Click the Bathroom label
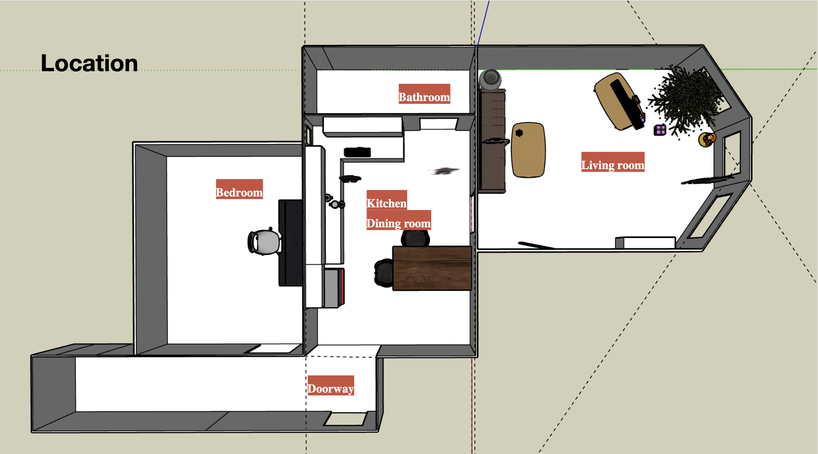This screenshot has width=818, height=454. click(424, 94)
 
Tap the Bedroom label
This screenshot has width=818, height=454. click(239, 189)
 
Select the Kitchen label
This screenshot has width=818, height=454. click(387, 200)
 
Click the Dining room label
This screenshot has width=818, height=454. click(398, 220)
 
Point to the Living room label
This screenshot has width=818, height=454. click(613, 162)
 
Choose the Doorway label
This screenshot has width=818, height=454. click(331, 386)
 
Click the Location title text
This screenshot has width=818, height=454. click(89, 63)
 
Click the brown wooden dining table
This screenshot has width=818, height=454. click(432, 268)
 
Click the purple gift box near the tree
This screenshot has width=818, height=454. click(660, 130)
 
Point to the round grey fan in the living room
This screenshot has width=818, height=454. click(491, 80)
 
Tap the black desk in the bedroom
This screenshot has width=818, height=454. click(291, 243)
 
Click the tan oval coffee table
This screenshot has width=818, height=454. click(528, 150)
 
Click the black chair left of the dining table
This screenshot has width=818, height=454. click(384, 273)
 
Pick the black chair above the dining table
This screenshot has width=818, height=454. click(415, 238)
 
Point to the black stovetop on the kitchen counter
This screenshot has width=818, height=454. click(357, 152)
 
